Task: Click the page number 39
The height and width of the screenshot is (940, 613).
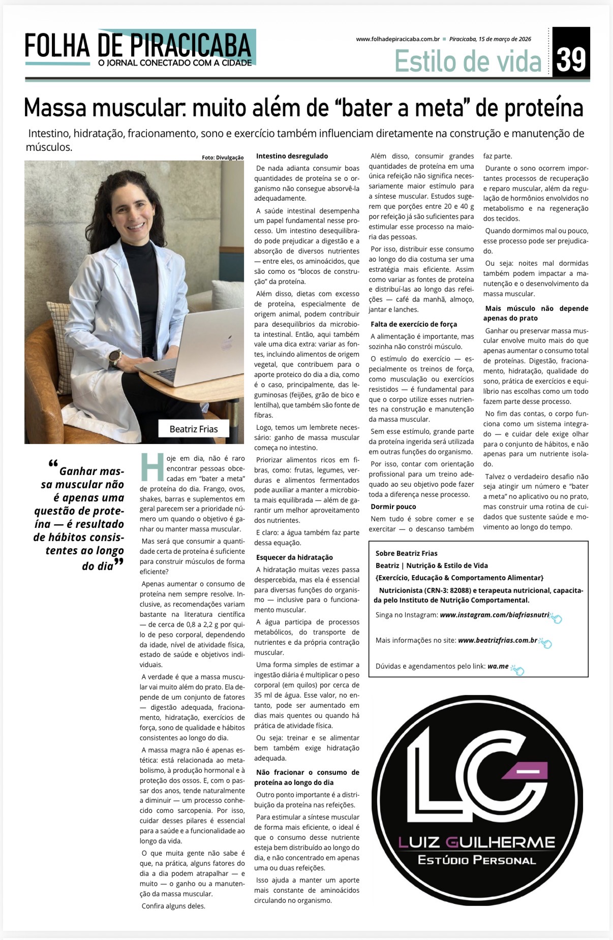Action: pos(571,59)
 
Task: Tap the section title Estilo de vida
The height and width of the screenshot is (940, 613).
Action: pos(468,61)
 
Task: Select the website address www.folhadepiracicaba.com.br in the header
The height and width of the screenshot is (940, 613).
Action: pos(397,39)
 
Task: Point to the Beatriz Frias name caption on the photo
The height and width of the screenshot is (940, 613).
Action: pos(194,429)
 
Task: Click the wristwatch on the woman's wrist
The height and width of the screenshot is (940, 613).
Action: pos(115,357)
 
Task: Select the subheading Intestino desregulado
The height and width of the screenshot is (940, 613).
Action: pos(292,156)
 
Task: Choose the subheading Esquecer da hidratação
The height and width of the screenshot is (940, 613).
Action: pos(294,557)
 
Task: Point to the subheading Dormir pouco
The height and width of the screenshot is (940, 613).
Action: pos(393,507)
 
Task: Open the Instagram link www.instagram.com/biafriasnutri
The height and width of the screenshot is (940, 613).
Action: pos(495,615)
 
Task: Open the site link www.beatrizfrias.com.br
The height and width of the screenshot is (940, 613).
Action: pos(498,640)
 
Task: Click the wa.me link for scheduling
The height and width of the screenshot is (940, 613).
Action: pos(498,666)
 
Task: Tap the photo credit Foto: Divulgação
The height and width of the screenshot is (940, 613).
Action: pos(223,158)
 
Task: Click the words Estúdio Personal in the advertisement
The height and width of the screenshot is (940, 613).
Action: pos(476,860)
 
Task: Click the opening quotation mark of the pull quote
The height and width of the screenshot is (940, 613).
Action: pos(53,463)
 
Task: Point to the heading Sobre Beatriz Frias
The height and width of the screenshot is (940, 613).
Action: pos(406,553)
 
